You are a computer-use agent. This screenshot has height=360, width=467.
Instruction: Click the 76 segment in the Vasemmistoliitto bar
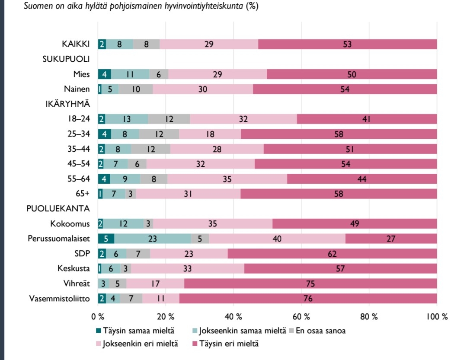pos(308,299)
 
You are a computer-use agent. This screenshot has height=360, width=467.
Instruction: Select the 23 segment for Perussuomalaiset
pos(153,239)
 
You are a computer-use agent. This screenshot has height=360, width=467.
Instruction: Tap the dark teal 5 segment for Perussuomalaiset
pos(106,239)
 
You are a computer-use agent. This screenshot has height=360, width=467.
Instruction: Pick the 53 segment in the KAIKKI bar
pos(347,44)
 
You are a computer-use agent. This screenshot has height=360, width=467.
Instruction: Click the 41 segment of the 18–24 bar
pos(367,119)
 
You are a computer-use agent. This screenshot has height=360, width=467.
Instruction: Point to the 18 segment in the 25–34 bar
pos(210,134)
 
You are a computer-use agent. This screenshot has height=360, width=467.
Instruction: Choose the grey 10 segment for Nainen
pos(135,89)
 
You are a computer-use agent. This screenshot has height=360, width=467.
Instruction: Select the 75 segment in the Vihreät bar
pos(310,284)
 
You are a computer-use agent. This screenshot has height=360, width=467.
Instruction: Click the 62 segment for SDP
pos(332,254)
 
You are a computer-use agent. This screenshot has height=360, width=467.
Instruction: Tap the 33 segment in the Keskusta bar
pos(188,269)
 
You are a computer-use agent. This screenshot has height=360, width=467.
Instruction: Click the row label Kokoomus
pos(70,224)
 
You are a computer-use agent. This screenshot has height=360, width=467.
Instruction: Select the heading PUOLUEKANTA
pos(58,209)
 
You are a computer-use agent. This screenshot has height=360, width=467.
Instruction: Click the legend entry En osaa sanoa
pos(320,331)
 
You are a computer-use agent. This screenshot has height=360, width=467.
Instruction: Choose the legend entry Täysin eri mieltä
pos(229,344)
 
